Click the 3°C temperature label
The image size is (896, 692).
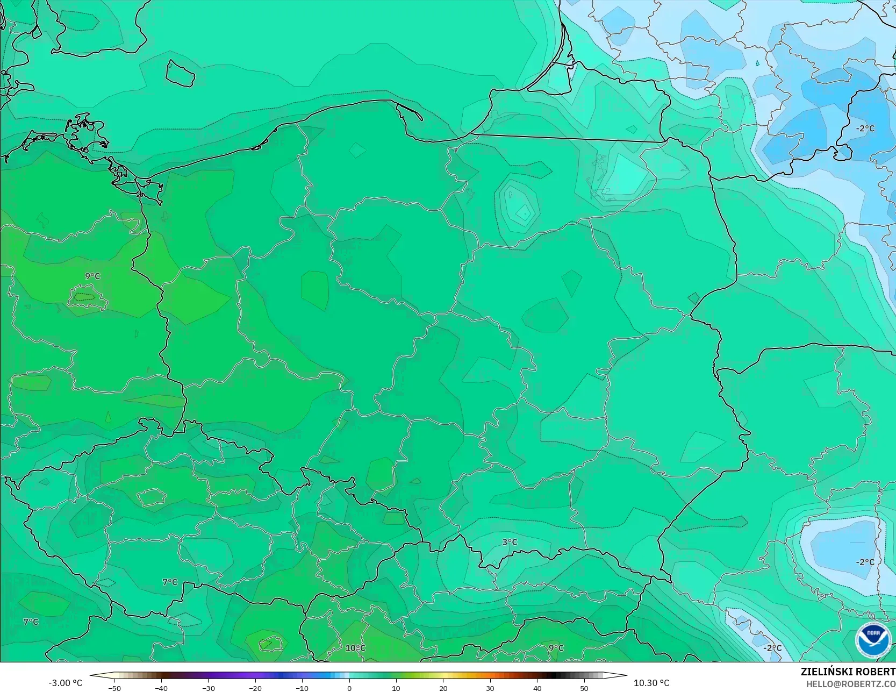click(x=510, y=542)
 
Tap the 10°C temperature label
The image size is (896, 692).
click(x=355, y=648)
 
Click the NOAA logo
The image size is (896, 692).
click(x=873, y=640)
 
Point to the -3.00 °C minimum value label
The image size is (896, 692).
click(x=65, y=683)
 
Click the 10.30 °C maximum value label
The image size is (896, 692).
click(x=651, y=683)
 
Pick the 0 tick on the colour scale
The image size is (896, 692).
click(x=349, y=688)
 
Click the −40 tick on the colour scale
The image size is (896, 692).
click(x=161, y=688)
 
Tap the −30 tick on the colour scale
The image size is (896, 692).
click(x=208, y=688)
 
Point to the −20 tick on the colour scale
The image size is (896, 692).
click(x=255, y=688)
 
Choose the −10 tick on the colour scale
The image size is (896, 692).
click(x=302, y=688)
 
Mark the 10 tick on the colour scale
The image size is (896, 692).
click(x=396, y=688)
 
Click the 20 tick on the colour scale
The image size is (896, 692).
click(x=443, y=688)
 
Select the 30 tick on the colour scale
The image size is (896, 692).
click(x=490, y=688)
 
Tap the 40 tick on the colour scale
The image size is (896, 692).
click(x=537, y=688)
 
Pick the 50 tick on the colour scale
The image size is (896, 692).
click(x=584, y=688)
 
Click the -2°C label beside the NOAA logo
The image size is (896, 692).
click(x=772, y=648)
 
